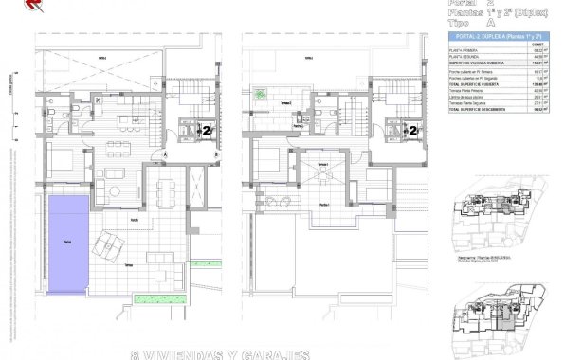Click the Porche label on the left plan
pos(137,221)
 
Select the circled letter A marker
pos(164,153)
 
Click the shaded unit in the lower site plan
pos(498,323)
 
